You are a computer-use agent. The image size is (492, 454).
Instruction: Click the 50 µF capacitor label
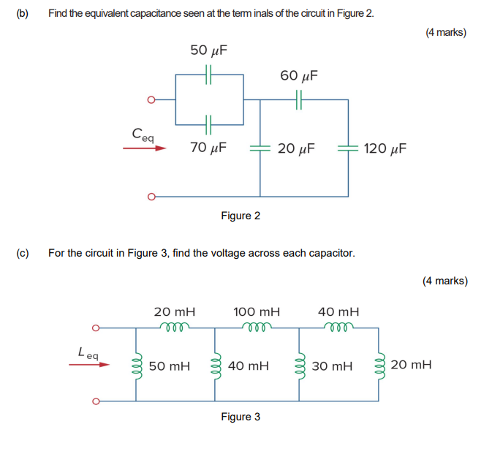208,50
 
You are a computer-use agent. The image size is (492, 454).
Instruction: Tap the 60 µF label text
299,75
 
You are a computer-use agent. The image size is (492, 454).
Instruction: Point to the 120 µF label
385,148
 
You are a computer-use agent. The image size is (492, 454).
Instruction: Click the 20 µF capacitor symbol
261,148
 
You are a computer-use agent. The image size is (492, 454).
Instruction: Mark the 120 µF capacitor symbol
347,148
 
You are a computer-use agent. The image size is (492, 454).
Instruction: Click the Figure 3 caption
241,417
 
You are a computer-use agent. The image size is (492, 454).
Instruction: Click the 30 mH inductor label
333,365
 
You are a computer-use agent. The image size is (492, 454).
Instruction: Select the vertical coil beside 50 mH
136,364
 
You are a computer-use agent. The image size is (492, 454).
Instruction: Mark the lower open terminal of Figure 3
94,401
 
